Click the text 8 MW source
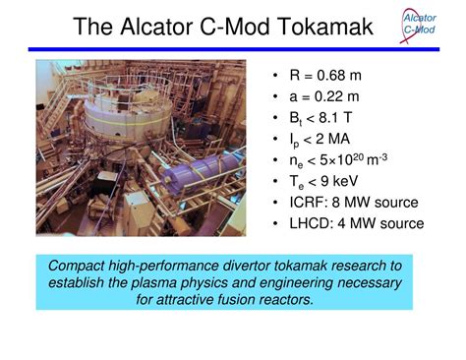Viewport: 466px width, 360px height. pyautogui.click(x=374, y=203)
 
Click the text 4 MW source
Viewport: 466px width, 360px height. pyautogui.click(x=379, y=223)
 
